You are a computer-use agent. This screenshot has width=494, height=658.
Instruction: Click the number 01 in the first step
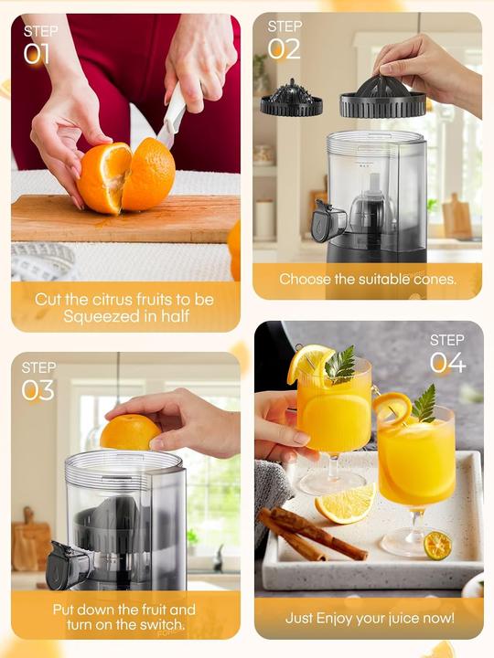(37, 54)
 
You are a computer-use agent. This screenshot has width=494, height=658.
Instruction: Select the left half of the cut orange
(103, 176)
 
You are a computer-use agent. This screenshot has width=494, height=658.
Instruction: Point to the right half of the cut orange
(149, 175)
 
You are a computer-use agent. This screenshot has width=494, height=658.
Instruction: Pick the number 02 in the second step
(284, 48)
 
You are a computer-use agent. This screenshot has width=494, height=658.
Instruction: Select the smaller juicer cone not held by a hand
(291, 99)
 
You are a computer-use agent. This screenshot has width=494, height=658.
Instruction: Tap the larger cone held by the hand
(382, 96)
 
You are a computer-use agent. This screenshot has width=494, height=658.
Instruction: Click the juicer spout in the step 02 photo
(328, 222)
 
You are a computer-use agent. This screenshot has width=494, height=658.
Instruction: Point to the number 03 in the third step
(39, 390)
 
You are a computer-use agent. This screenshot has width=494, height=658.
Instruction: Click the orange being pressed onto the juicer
(130, 431)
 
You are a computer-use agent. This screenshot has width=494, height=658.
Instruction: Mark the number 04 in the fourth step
(447, 363)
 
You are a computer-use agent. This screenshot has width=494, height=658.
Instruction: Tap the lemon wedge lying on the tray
(345, 504)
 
